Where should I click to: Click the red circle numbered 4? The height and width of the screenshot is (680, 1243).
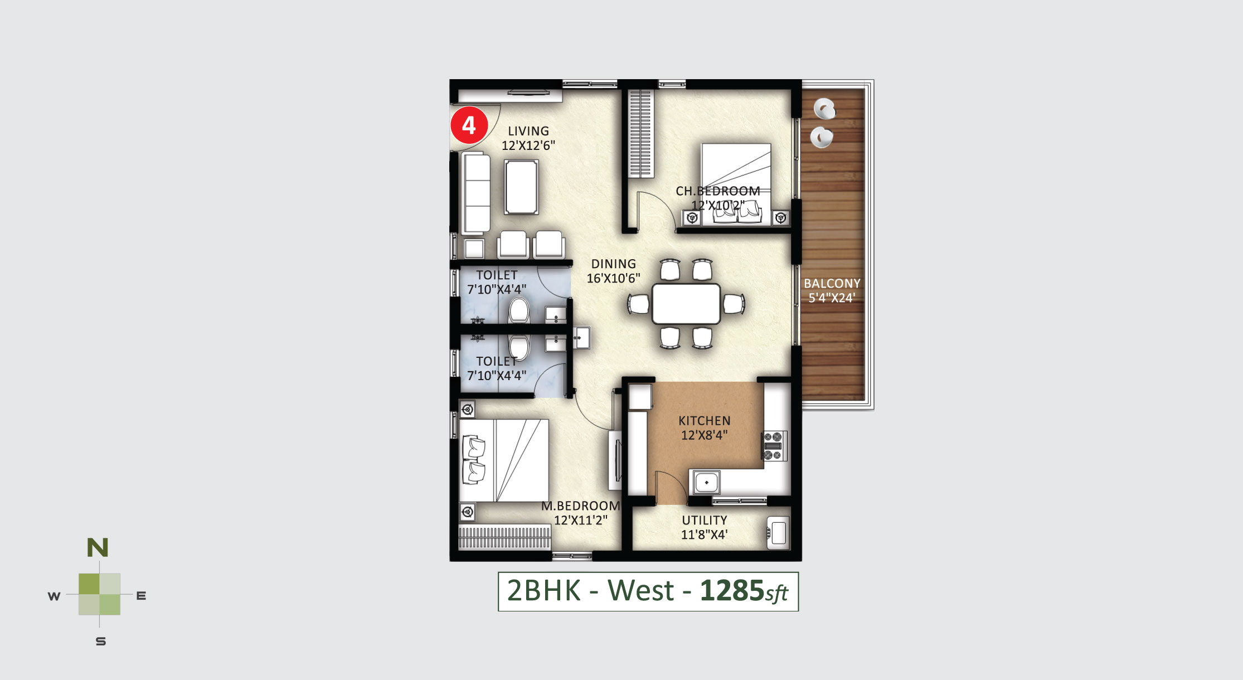pyautogui.click(x=469, y=125)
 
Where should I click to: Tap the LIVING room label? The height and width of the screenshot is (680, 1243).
pyautogui.click(x=528, y=131)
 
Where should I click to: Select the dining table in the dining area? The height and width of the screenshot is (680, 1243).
pyautogui.click(x=686, y=304)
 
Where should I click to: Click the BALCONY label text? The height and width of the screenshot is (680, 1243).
pyautogui.click(x=832, y=283)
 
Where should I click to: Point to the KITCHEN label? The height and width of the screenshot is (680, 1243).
pyautogui.click(x=704, y=421)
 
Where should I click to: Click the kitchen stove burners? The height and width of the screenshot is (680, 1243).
pyautogui.click(x=775, y=446)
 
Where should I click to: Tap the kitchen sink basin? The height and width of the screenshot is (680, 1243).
pyautogui.click(x=706, y=482)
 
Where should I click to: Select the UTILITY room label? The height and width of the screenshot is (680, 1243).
pyautogui.click(x=705, y=520)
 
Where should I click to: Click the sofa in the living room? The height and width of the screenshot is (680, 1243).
pyautogui.click(x=475, y=192)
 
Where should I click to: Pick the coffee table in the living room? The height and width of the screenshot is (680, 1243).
pyautogui.click(x=521, y=187)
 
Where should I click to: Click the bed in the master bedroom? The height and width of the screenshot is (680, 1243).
pyautogui.click(x=503, y=461)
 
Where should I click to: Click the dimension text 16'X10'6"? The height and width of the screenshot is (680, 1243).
pyautogui.click(x=613, y=278)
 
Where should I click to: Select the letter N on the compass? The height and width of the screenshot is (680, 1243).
pyautogui.click(x=98, y=548)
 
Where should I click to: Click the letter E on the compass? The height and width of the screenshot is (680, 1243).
pyautogui.click(x=141, y=596)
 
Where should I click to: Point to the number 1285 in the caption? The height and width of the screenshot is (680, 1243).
pyautogui.click(x=732, y=591)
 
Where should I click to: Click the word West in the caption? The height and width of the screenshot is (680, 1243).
pyautogui.click(x=641, y=591)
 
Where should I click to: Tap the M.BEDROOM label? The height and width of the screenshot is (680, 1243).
pyautogui.click(x=580, y=506)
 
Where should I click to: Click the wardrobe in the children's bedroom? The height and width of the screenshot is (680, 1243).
pyautogui.click(x=640, y=134)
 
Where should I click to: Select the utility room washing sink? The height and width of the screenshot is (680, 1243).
pyautogui.click(x=778, y=533)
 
